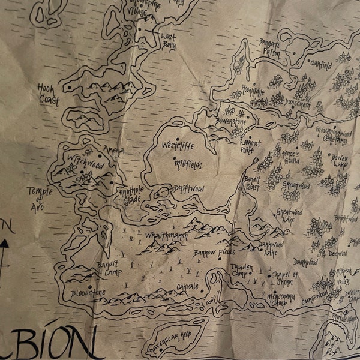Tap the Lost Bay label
(169, 40)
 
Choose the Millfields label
(188, 163)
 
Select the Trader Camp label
(243, 268)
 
